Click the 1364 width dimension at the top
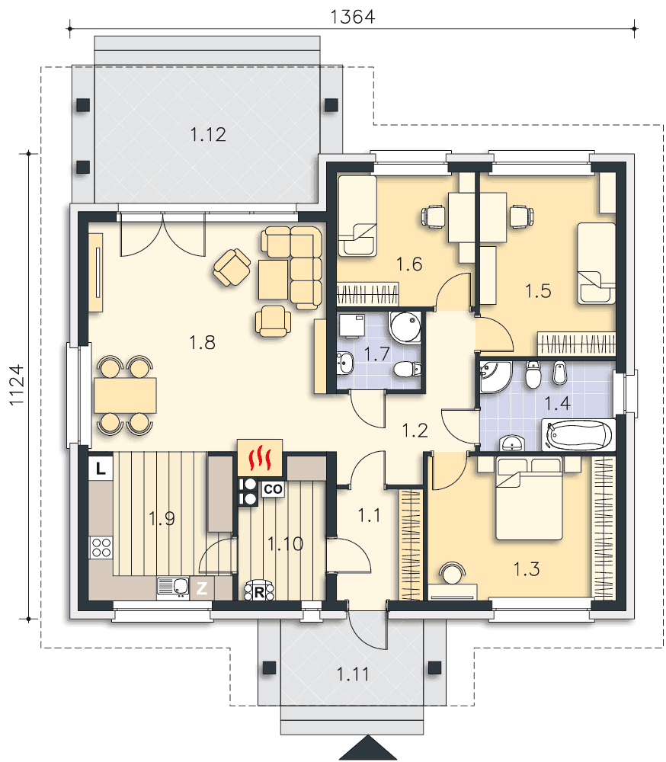[353, 17]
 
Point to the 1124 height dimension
[17, 384]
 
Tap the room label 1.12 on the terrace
[208, 135]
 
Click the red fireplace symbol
[260, 458]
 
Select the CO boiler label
[273, 489]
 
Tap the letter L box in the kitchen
[101, 469]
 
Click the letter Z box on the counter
[202, 588]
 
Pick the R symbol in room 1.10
[259, 591]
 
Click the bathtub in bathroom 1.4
[578, 435]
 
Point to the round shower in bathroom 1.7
[405, 327]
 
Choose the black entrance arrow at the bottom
[368, 748]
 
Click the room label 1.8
[202, 343]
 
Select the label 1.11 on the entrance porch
[353, 674]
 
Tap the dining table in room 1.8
[126, 395]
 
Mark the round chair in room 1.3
[452, 573]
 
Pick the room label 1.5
[538, 291]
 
